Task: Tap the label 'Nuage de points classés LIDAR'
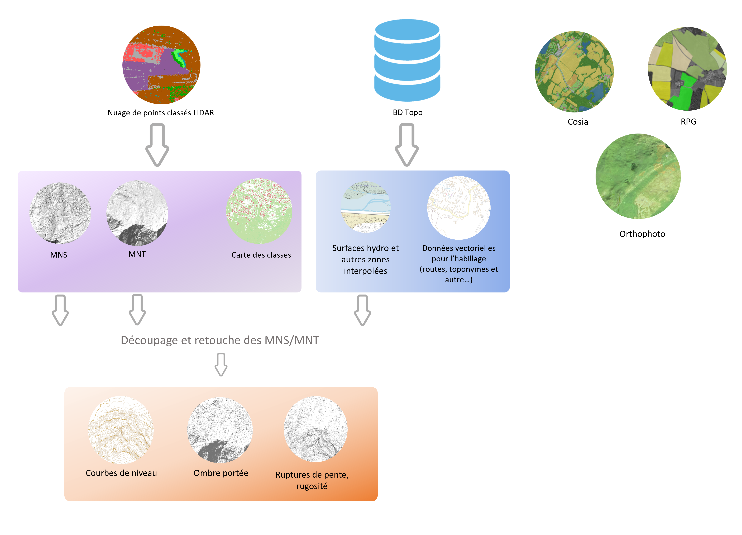click(x=161, y=113)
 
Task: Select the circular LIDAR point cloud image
click(x=161, y=65)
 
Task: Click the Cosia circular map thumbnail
click(x=574, y=72)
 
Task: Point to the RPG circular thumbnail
click(x=687, y=69)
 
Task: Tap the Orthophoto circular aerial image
click(x=638, y=176)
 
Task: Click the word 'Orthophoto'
click(x=642, y=234)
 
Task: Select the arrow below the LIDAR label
click(x=157, y=145)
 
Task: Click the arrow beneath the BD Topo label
click(x=407, y=145)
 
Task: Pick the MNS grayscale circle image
click(x=60, y=213)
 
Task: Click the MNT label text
click(x=137, y=254)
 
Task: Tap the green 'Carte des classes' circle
click(x=259, y=211)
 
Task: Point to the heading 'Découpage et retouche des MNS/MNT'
click(x=220, y=340)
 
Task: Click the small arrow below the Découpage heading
click(x=221, y=364)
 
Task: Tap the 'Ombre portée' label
click(x=221, y=473)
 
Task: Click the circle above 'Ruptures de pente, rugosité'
click(x=316, y=429)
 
